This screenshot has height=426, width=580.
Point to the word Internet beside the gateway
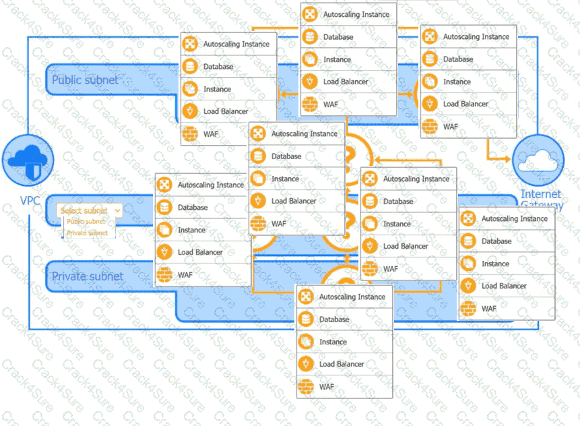tap(541, 194)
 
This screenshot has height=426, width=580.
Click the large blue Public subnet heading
tap(85, 80)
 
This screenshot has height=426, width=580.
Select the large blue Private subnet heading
tap(88, 276)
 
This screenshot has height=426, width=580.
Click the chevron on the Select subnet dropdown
tap(118, 210)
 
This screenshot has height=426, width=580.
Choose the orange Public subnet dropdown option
tap(86, 221)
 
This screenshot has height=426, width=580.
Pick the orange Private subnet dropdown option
tap(87, 233)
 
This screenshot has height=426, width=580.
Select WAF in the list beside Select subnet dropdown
tap(185, 275)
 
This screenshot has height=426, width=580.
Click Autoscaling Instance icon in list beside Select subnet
tap(164, 185)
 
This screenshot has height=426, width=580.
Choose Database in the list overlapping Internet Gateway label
tap(496, 241)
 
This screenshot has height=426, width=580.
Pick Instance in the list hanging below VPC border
tap(332, 342)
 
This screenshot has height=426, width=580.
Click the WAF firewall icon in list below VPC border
tap(306, 387)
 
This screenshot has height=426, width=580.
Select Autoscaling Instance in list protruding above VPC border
tap(356, 14)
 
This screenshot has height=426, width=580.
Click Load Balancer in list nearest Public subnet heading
tap(225, 111)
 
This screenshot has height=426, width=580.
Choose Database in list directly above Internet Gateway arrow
tap(457, 59)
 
